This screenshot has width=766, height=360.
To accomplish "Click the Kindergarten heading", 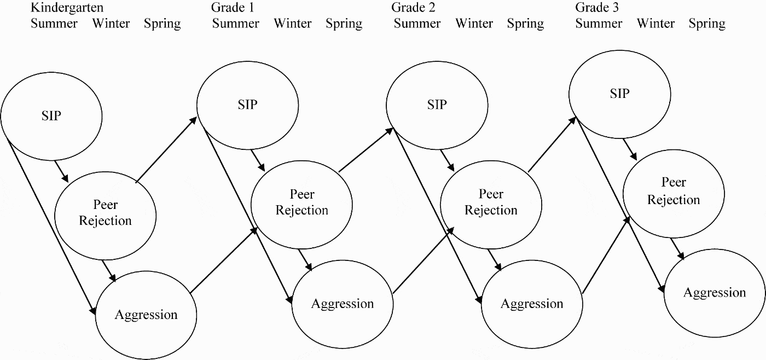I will [67, 8].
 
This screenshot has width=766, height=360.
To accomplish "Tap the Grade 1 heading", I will [233, 8].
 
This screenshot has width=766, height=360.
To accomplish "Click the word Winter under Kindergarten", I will [111, 24].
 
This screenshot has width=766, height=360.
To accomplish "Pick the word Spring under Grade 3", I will [707, 24].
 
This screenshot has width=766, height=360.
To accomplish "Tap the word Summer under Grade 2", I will [417, 24].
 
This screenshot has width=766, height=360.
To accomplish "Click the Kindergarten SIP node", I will [51, 115].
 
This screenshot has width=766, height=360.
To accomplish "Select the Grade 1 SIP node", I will [247, 104].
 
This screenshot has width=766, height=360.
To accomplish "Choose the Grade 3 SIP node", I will [619, 94].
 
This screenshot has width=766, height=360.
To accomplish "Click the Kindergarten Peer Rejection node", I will [106, 213].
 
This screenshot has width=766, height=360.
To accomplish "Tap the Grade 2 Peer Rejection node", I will [491, 202].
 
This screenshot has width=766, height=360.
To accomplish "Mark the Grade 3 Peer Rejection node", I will [674, 191].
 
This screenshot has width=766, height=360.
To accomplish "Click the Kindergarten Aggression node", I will [146, 315].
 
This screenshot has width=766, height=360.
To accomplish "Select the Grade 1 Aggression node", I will [343, 304].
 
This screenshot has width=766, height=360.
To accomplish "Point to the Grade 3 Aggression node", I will [715, 293].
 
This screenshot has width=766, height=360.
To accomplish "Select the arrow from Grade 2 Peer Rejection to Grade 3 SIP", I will [552, 145].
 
